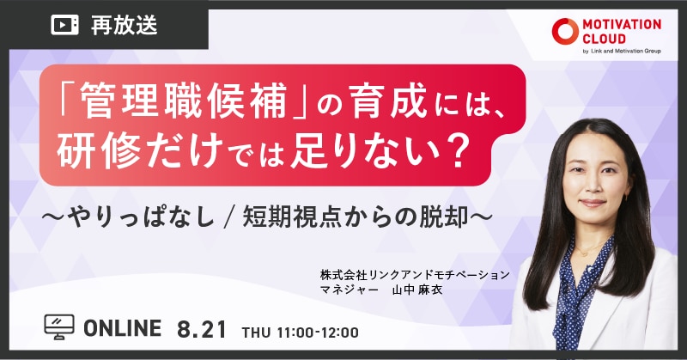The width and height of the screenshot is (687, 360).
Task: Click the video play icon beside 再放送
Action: pyautogui.click(x=65, y=25)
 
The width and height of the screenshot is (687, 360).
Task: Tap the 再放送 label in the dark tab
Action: pyautogui.click(x=124, y=25)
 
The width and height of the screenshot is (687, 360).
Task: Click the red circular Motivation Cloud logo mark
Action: pyautogui.click(x=565, y=32)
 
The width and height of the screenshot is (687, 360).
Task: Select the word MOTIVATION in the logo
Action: pyautogui.click(x=622, y=25)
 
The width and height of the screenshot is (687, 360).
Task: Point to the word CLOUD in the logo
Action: pyautogui.click(x=604, y=39)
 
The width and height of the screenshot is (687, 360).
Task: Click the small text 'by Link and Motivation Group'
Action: pyautogui.click(x=622, y=52)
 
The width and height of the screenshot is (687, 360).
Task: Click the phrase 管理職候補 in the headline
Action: pyautogui.click(x=184, y=101)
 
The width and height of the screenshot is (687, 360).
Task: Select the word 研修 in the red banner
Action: pyautogui.click(x=98, y=150)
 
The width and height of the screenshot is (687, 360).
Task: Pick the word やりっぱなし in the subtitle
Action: pyautogui.click(x=140, y=217)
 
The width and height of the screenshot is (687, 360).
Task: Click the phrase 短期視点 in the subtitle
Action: pyautogui.click(x=290, y=217)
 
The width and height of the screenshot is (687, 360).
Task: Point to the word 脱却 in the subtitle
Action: pyautogui.click(x=444, y=217)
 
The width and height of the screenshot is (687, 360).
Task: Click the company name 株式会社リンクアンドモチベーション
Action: pyautogui.click(x=415, y=275)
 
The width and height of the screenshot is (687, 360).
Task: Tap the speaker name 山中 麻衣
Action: pyautogui.click(x=416, y=290)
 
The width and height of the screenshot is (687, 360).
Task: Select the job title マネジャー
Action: pyautogui.click(x=350, y=290)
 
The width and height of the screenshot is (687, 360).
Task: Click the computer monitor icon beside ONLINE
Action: pyautogui.click(x=59, y=326)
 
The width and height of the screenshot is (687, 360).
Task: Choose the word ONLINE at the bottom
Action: pyautogui.click(x=122, y=328)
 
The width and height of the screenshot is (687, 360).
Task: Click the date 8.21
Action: pyautogui.click(x=202, y=329)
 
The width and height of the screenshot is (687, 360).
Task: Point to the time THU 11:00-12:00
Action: pyautogui.click(x=300, y=333)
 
